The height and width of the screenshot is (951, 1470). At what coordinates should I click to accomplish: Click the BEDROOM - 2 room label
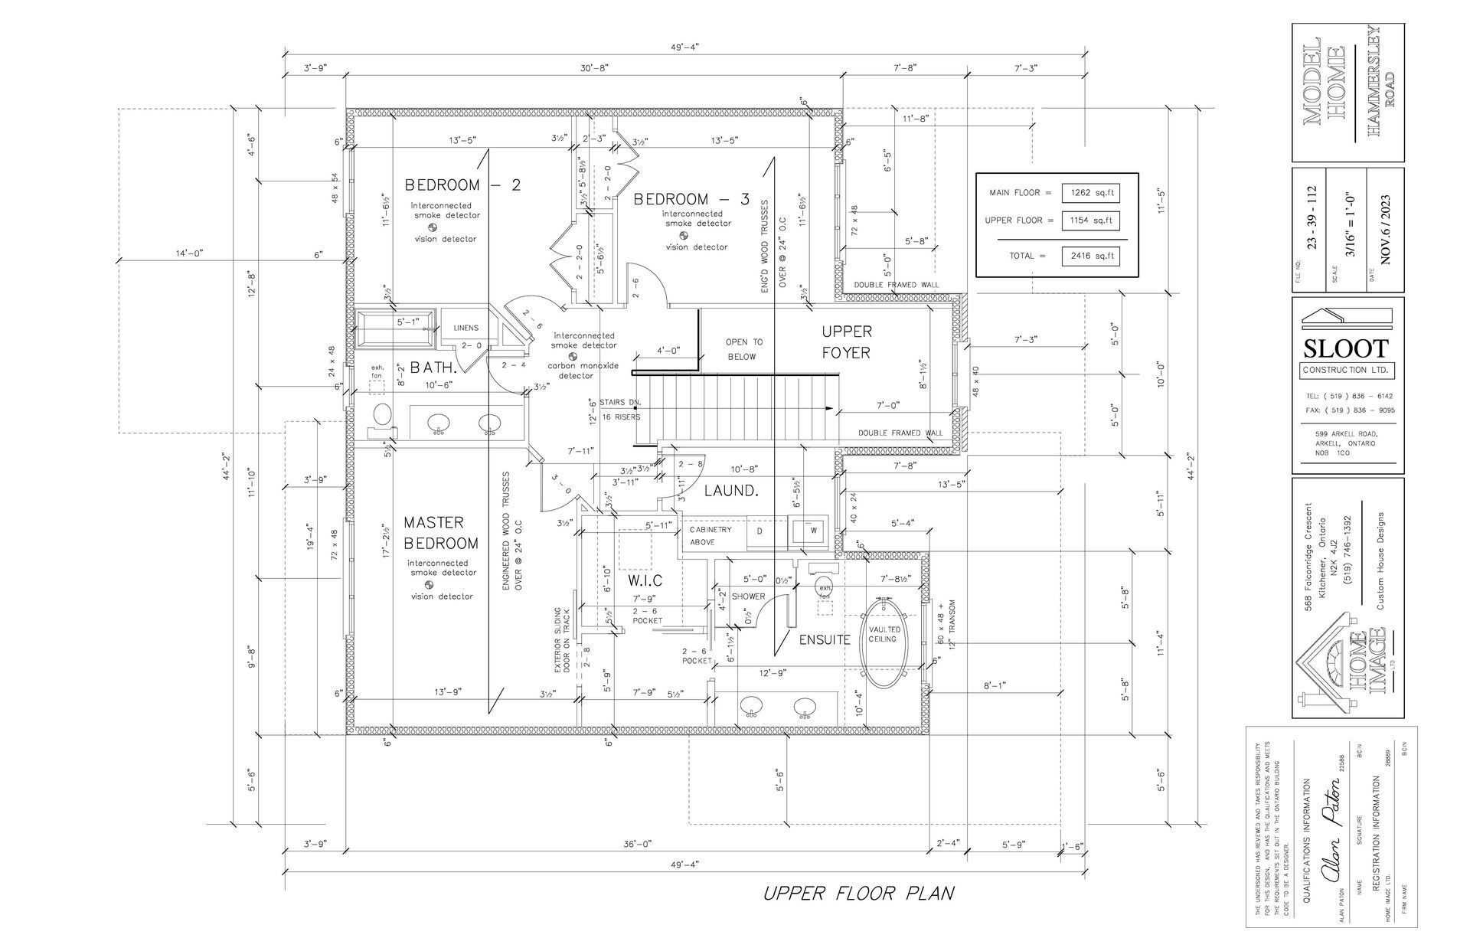click(x=462, y=185)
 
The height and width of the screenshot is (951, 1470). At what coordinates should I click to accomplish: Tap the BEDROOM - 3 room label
click(x=691, y=199)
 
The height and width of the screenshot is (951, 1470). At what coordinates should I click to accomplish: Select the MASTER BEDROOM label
click(x=441, y=533)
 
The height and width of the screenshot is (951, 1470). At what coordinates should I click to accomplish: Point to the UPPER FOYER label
click(x=846, y=342)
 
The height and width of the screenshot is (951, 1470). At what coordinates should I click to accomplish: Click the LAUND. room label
click(x=730, y=491)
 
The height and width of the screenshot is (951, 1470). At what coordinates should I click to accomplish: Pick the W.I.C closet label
click(x=645, y=581)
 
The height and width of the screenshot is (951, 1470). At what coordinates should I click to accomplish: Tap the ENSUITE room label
click(x=825, y=639)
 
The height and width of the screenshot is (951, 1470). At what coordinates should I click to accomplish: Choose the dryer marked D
click(x=759, y=531)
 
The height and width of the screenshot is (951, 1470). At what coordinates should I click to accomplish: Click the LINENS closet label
click(x=465, y=328)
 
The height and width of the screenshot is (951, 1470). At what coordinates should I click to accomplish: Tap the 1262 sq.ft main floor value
click(x=1090, y=193)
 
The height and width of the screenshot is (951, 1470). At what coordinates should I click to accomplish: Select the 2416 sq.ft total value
click(x=1090, y=256)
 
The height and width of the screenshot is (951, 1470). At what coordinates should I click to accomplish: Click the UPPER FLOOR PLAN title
click(x=858, y=894)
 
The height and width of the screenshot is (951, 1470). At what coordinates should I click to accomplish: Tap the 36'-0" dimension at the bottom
click(x=637, y=844)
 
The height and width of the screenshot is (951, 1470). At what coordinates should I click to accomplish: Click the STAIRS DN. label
click(x=621, y=403)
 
